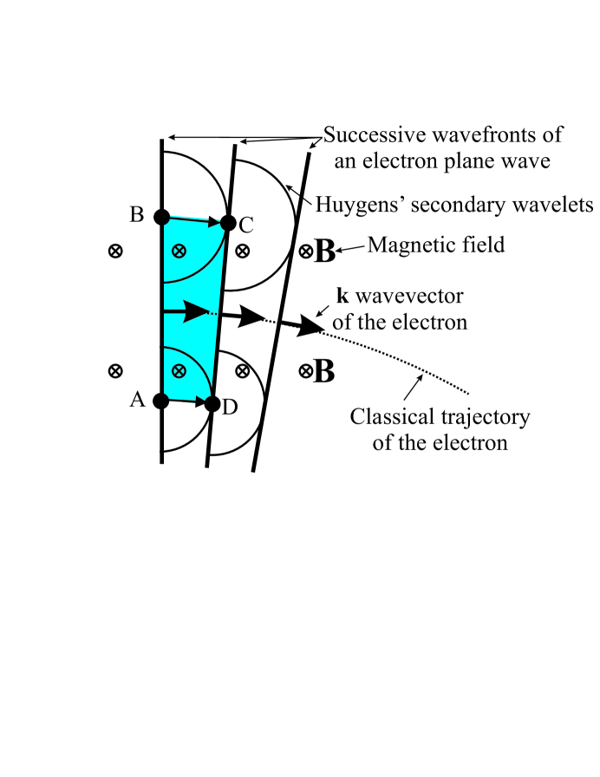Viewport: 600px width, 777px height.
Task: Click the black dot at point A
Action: click(160, 401)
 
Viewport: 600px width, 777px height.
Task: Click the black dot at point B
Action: click(160, 216)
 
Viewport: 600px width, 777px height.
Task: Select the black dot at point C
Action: click(228, 223)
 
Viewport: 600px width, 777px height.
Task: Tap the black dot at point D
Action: click(212, 403)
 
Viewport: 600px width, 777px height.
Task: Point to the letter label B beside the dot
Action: click(136, 214)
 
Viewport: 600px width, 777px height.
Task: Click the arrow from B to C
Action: click(194, 219)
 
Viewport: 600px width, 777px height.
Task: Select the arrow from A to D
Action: click(186, 402)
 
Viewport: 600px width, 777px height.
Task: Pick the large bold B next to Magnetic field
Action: click(325, 252)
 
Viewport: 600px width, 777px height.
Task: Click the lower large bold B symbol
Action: click(323, 372)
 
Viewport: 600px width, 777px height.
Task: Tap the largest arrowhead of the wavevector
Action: click(310, 326)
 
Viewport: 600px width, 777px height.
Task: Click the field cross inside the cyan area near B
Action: click(179, 251)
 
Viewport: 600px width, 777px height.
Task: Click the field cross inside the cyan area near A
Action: click(179, 370)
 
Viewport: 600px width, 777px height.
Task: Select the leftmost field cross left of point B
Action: click(114, 251)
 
